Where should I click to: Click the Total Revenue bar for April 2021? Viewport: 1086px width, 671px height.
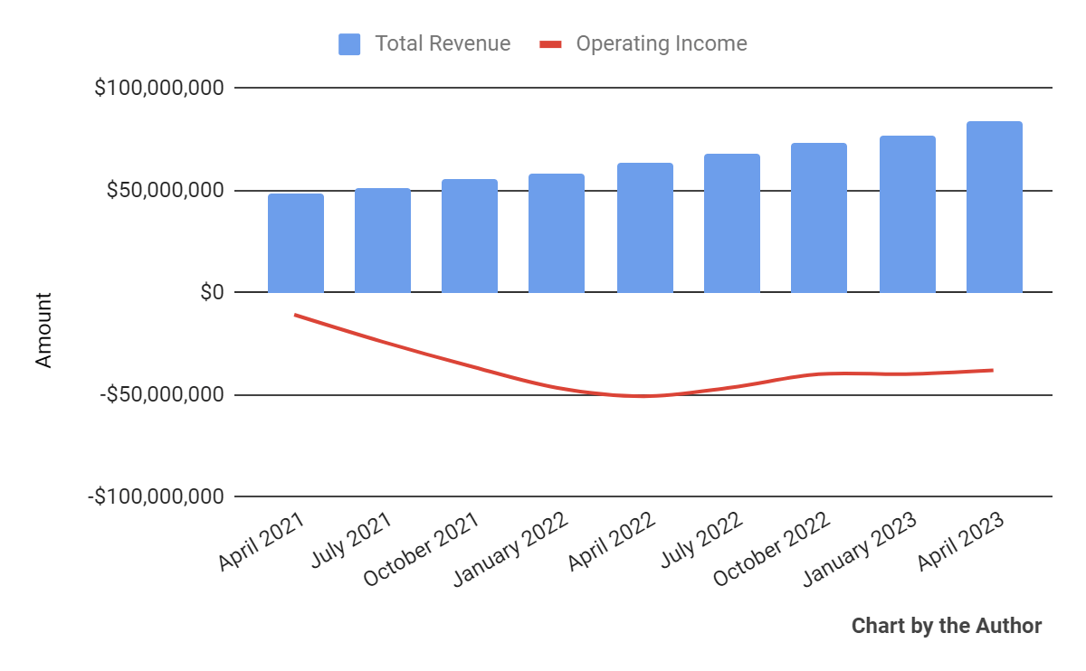click(x=296, y=243)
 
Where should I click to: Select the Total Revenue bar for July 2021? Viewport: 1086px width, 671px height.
click(x=383, y=241)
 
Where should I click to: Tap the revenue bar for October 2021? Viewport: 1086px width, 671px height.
click(x=470, y=236)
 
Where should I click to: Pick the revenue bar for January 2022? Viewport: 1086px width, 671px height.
click(x=557, y=233)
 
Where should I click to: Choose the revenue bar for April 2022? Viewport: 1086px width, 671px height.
click(x=645, y=228)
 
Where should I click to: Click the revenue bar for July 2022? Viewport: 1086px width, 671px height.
click(x=732, y=223)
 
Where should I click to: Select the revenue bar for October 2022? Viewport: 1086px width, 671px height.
click(x=819, y=218)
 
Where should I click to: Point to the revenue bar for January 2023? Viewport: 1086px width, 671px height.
click(x=908, y=214)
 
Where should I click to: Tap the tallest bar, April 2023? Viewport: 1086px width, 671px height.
click(x=995, y=207)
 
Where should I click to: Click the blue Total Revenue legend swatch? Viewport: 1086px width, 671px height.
click(x=349, y=44)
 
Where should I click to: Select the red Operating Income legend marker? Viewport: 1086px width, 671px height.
click(x=551, y=44)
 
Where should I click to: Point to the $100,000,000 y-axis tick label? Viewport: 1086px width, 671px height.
click(x=158, y=89)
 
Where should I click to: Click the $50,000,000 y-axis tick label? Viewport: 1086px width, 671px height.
click(x=165, y=191)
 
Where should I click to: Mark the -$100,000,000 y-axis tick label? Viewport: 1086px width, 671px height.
click(x=155, y=497)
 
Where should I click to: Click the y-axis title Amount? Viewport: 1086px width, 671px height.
click(x=43, y=329)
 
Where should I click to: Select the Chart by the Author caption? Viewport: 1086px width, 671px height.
click(x=947, y=626)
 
